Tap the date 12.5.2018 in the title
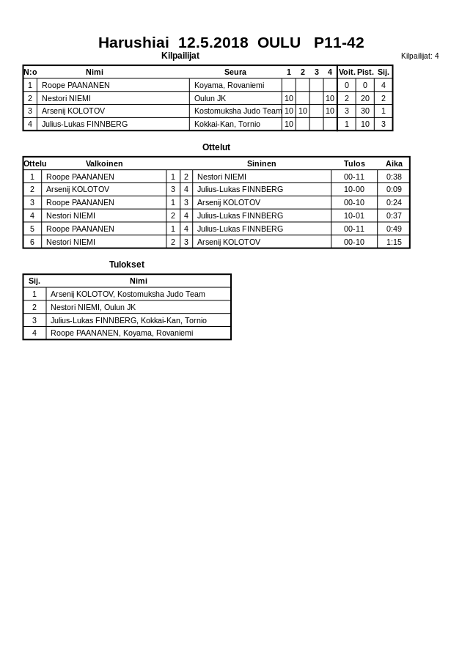pyautogui.click(x=213, y=43)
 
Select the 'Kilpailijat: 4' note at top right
pyautogui.click(x=419, y=56)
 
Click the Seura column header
pyautogui.click(x=235, y=72)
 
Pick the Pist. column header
pyautogui.click(x=365, y=72)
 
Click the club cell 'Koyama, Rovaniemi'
pyautogui.click(x=229, y=85)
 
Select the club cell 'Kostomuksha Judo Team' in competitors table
pyautogui.click(x=238, y=111)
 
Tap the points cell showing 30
pyautogui.click(x=365, y=111)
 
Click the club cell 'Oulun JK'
pyautogui.click(x=210, y=98)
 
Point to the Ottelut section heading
pyautogui.click(x=216, y=147)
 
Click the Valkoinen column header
pyautogui.click(x=104, y=163)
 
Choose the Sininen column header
pyautogui.click(x=262, y=163)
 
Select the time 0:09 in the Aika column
pyautogui.click(x=394, y=189)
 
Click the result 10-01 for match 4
pyautogui.click(x=354, y=215)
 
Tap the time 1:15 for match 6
pyautogui.click(x=394, y=242)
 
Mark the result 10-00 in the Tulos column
pyautogui.click(x=354, y=189)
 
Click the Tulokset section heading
pyautogui.click(x=127, y=265)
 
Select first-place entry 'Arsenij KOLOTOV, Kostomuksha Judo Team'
pyautogui.click(x=128, y=294)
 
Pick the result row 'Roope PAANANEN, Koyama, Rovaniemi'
pyautogui.click(x=122, y=333)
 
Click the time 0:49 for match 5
pyautogui.click(x=394, y=229)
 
